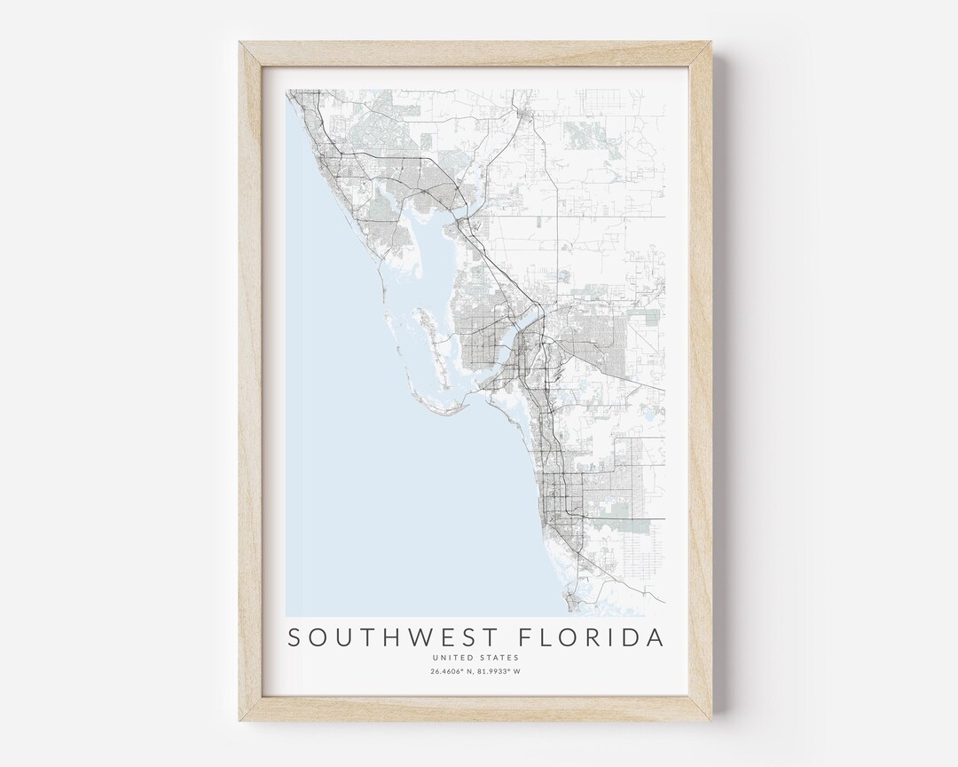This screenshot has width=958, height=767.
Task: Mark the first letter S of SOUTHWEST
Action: tap(294, 638)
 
